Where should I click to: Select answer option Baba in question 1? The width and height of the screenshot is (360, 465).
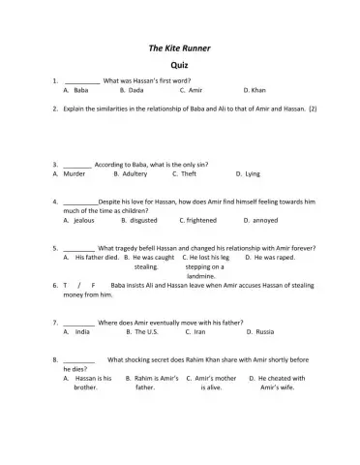(x=81, y=89)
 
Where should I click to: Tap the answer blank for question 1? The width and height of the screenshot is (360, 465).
(x=82, y=79)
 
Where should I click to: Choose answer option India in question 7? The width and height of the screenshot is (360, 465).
(x=82, y=331)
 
